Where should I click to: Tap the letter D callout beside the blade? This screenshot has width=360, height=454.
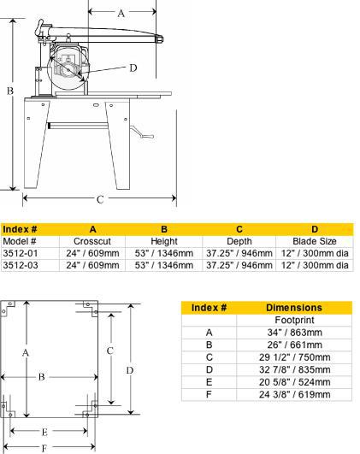(133, 68)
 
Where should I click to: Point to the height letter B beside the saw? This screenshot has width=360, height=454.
(8, 89)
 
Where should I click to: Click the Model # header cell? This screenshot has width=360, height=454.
(20, 241)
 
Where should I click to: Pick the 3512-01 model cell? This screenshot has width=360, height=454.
(21, 253)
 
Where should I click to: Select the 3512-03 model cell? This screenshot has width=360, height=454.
(21, 265)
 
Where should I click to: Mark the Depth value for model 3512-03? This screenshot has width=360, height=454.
(240, 265)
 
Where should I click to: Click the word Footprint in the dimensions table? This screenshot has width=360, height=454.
(293, 320)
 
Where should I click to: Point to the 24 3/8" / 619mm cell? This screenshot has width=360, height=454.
(293, 394)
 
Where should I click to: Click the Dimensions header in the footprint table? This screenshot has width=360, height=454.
(293, 307)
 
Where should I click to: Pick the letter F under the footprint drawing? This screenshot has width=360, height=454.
(41, 446)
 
